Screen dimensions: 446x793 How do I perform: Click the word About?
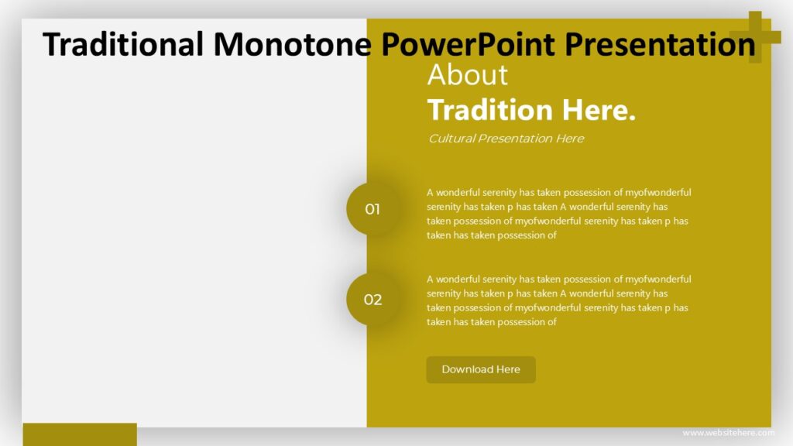[x=468, y=75]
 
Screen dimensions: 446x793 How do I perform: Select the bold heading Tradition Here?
[x=531, y=110]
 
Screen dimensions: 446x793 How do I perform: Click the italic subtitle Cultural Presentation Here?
[x=506, y=139]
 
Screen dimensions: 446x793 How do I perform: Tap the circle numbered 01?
[x=372, y=209]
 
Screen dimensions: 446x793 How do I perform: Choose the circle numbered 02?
[x=372, y=300]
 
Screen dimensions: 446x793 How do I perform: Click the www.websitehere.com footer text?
[x=728, y=432]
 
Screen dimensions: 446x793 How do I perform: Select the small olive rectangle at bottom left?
[x=80, y=434]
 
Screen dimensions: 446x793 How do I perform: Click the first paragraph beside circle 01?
[x=558, y=214]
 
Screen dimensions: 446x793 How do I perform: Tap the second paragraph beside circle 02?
[x=558, y=300]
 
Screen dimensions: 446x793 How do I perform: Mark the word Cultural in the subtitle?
[x=451, y=139]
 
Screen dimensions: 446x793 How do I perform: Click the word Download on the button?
[x=468, y=369]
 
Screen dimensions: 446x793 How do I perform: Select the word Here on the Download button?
[x=508, y=369]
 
